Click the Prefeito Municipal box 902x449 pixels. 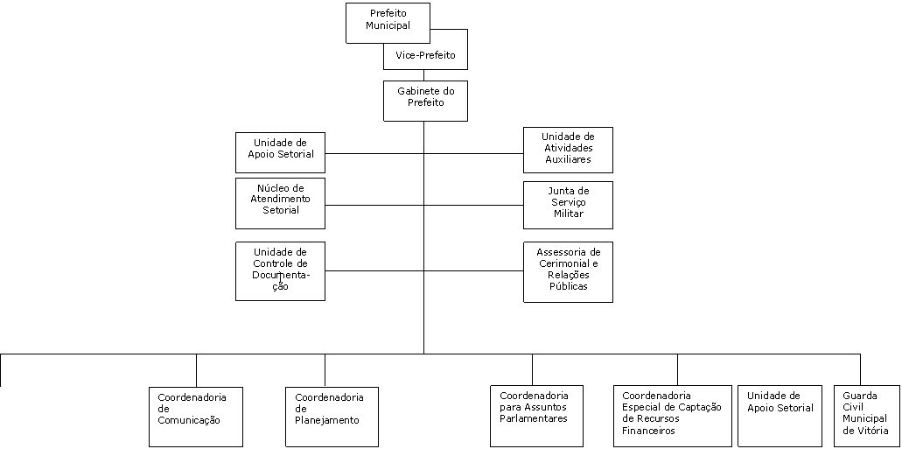[388, 23]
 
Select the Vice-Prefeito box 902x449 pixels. [426, 56]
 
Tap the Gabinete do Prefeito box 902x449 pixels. [426, 101]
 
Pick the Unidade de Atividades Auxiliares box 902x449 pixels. [568, 150]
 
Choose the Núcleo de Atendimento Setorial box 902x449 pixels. [280, 203]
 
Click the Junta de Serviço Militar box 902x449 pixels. [568, 205]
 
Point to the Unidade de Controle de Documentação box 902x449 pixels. [280, 271]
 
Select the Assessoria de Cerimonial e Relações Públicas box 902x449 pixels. [568, 271]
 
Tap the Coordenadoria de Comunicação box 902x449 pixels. [196, 417]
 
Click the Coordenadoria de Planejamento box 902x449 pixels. [332, 417]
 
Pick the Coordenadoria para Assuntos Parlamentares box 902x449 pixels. [536, 416]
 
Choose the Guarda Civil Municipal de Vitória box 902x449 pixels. [867, 416]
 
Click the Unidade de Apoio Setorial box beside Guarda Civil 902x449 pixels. [780, 416]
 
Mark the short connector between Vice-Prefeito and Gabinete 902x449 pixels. [424, 75]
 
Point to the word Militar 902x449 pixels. [569, 214]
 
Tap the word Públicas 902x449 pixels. [569, 286]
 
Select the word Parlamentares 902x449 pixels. [534, 418]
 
